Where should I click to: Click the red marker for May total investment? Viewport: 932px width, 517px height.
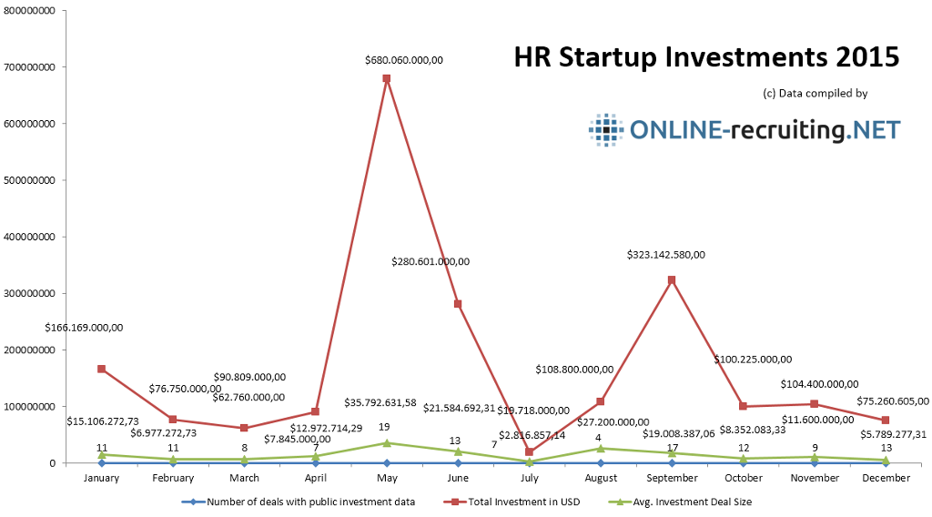coord(387,78)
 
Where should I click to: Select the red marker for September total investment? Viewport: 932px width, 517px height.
coord(672,280)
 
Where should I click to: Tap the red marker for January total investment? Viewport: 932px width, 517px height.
coord(101,369)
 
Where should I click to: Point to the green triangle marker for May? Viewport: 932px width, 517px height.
coord(387,442)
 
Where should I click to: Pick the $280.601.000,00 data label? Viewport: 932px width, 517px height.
coord(431,261)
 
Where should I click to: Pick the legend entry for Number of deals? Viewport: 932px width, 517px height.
coord(304,502)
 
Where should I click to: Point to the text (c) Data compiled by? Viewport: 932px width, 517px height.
coord(815,93)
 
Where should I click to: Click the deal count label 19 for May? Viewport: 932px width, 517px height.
coord(385,426)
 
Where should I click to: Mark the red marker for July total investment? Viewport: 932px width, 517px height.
coord(529,451)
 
